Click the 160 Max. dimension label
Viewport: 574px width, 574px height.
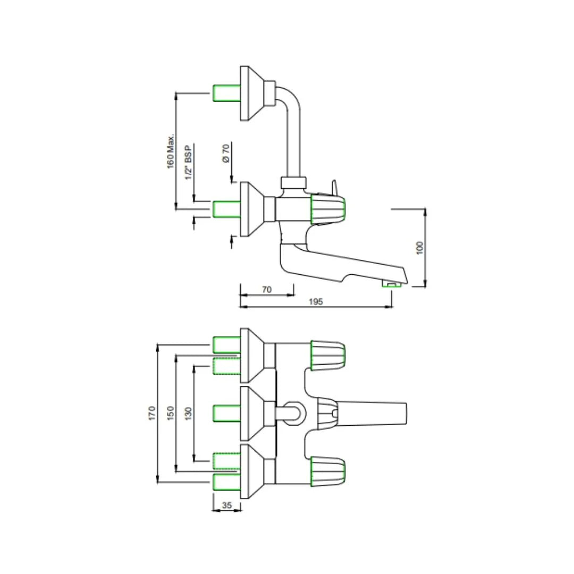point(171,151)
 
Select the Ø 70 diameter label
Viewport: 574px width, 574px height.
point(226,154)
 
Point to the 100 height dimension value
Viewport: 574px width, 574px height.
point(420,248)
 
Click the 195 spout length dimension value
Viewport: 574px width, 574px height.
point(316,301)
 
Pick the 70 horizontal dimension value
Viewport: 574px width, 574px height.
point(267,289)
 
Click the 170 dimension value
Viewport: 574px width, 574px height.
point(153,413)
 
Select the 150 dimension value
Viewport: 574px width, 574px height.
point(171,413)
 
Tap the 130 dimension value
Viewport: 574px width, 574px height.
point(189,413)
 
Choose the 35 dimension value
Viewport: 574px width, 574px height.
point(227,505)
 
